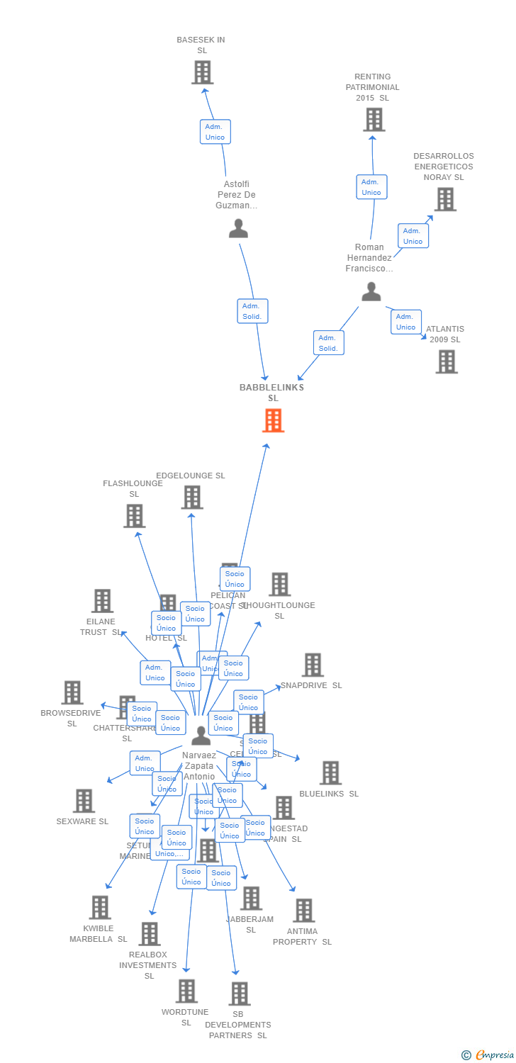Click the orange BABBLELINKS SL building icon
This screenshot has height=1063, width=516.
(x=273, y=420)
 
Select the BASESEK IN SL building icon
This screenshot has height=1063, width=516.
(x=202, y=72)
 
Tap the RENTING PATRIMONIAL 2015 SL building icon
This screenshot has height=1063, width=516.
(x=374, y=120)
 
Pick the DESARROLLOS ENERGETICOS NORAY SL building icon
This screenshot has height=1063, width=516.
(x=444, y=200)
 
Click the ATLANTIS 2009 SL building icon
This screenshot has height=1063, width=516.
(x=446, y=361)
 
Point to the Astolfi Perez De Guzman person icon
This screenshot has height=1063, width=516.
(x=238, y=228)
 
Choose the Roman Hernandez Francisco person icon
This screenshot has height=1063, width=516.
(x=371, y=291)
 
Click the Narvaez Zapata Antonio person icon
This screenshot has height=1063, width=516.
(x=201, y=736)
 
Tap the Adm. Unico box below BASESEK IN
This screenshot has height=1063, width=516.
(x=215, y=132)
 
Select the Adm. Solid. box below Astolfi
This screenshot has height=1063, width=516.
(x=252, y=311)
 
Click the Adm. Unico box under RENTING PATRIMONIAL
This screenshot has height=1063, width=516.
(x=371, y=187)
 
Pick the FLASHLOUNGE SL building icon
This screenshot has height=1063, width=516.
(x=134, y=516)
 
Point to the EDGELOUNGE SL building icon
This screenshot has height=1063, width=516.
(x=191, y=497)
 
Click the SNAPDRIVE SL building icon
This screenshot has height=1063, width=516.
(x=313, y=665)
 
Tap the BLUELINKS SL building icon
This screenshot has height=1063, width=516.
(x=330, y=773)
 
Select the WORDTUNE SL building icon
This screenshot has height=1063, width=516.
(x=186, y=991)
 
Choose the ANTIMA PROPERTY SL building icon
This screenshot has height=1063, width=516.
(x=303, y=911)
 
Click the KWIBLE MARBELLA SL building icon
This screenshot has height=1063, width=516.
(x=99, y=908)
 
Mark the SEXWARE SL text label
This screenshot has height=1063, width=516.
(x=82, y=821)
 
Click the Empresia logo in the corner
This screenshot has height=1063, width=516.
(x=488, y=1055)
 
